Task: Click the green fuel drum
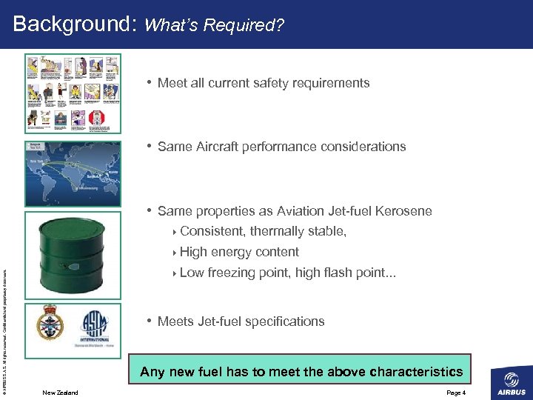click(x=73, y=255)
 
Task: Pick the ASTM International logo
click(x=95, y=324)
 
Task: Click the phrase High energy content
click(x=239, y=252)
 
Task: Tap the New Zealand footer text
click(x=60, y=393)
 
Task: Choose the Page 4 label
click(x=456, y=393)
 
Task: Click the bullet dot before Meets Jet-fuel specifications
click(x=150, y=321)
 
